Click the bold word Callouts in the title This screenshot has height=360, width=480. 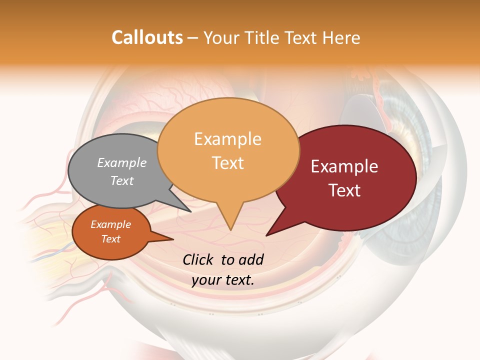click(147, 37)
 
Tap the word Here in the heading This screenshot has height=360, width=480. click(342, 37)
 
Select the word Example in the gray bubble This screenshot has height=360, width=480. click(121, 162)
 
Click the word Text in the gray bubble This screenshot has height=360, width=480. click(121, 180)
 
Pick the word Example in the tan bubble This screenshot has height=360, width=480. click(227, 139)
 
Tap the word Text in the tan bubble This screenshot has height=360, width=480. click(227, 163)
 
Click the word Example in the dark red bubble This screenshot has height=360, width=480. click(344, 166)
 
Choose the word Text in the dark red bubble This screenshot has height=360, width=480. click(344, 190)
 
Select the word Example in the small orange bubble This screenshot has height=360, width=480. click(110, 224)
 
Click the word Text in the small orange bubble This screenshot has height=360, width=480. click(110, 239)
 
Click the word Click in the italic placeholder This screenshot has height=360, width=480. click(198, 259)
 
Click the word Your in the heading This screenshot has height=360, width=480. click(220, 37)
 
